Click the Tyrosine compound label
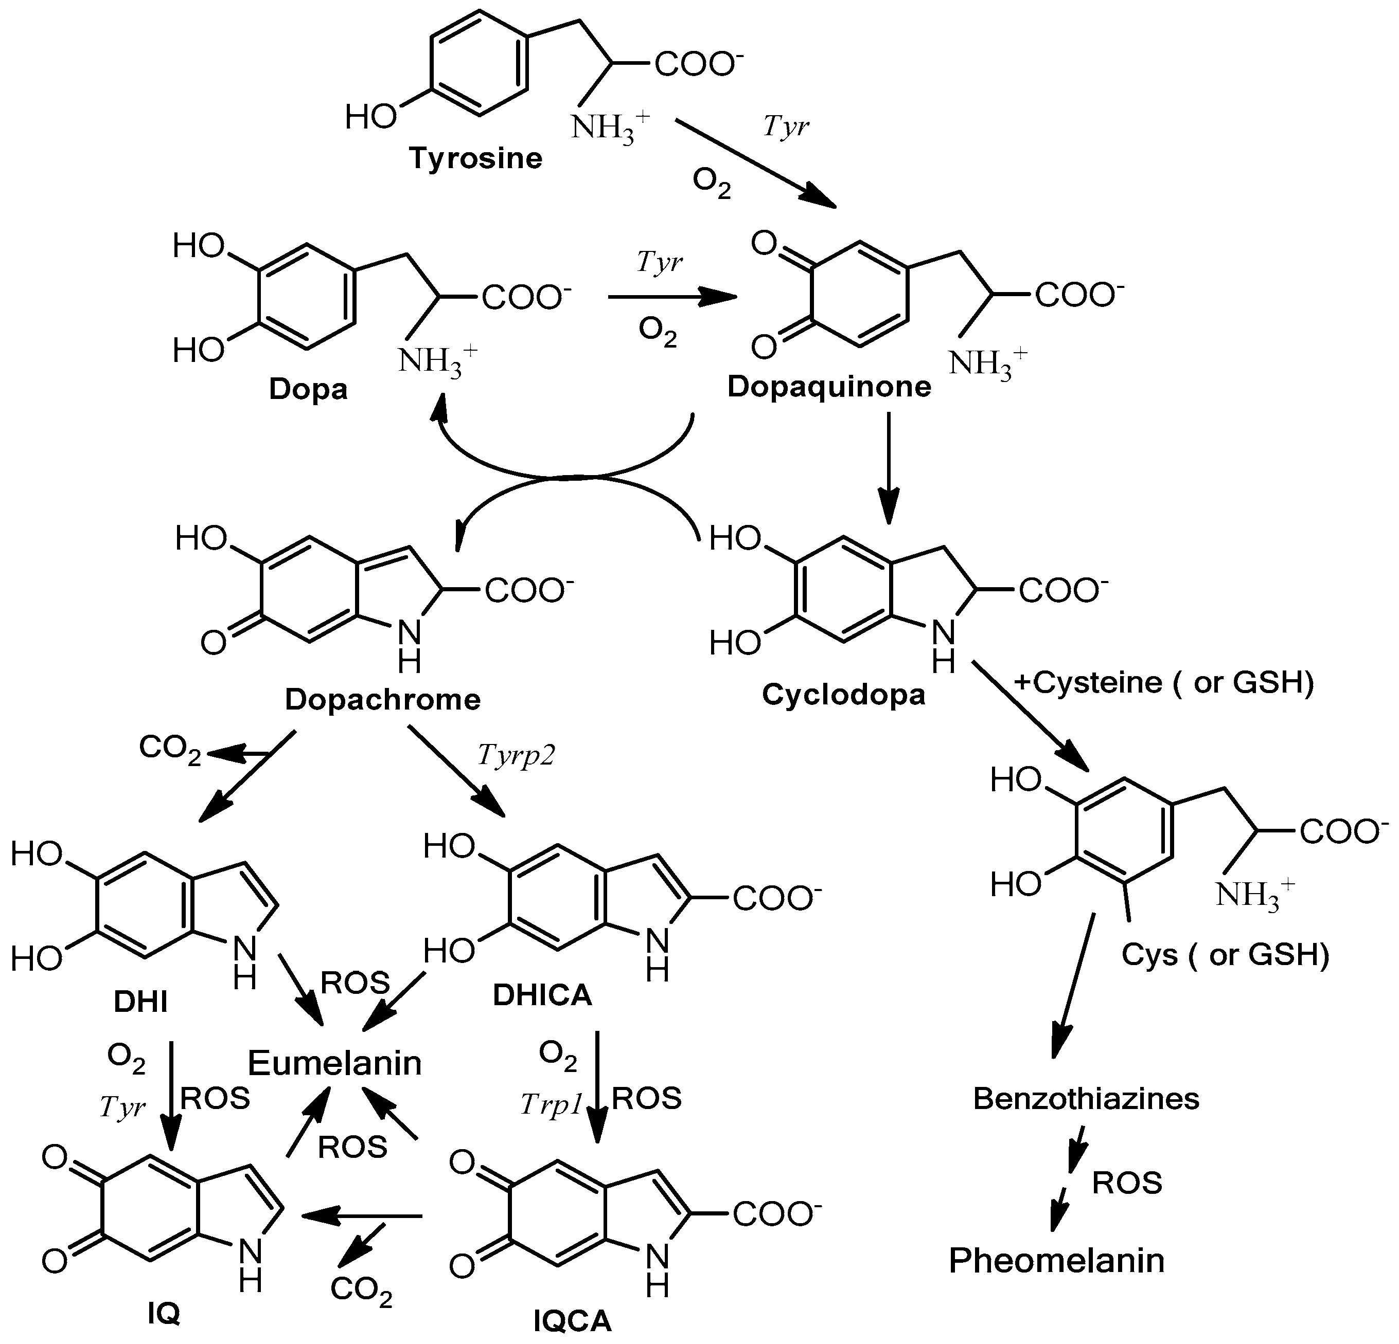475,158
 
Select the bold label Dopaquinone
829,387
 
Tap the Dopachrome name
383,699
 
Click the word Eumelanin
335,1063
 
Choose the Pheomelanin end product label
1056,1261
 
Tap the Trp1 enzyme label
551,1104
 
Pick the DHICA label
542,995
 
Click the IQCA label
573,1321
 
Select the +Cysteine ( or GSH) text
1163,683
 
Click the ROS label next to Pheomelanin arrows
1127,1183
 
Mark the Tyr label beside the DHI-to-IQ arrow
123,1106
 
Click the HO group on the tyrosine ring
370,116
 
